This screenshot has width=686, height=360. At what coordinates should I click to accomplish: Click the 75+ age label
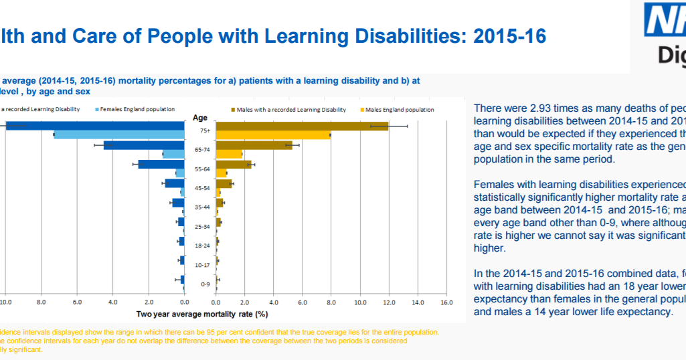point(204,130)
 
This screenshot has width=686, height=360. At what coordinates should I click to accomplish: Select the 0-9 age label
point(204,284)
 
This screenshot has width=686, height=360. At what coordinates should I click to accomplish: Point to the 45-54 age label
point(202,188)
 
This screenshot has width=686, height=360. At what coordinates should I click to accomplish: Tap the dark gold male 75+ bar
point(301,126)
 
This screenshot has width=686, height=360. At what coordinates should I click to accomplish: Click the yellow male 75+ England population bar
point(273,135)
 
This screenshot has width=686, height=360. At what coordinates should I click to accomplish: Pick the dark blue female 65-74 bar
point(144,145)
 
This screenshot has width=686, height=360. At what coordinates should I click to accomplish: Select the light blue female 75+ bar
point(119,135)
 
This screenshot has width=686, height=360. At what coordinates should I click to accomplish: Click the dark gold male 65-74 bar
point(254,145)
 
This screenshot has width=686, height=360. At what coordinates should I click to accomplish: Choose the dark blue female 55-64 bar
point(161,164)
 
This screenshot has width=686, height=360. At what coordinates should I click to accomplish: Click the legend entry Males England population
point(399,110)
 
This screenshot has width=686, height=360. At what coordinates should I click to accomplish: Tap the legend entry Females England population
point(138,109)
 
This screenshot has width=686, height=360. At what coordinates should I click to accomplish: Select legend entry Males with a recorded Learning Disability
point(291,110)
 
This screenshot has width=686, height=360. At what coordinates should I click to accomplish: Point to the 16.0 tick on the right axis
point(446,303)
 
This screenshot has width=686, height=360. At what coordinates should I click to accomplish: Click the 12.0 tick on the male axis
point(389,303)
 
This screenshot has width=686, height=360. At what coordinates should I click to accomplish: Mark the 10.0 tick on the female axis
point(5,303)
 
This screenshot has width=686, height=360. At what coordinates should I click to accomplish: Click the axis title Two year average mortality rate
point(202,314)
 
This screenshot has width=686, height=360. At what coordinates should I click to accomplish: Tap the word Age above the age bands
point(200,118)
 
